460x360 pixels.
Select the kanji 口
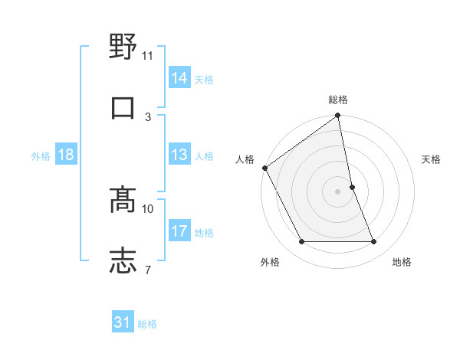click(x=123, y=107)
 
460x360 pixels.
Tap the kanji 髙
click(x=123, y=198)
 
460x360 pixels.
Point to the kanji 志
click(x=123, y=260)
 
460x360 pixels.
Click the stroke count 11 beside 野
click(x=148, y=56)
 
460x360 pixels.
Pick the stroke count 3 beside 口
click(x=148, y=117)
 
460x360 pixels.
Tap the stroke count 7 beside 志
click(x=148, y=270)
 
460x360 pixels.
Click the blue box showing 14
click(x=179, y=78)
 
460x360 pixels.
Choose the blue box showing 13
click(x=179, y=155)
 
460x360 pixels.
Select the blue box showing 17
click(x=179, y=231)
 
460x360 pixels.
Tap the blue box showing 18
click(x=66, y=155)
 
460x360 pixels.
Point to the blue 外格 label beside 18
click(x=41, y=155)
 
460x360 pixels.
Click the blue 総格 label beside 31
click(x=147, y=324)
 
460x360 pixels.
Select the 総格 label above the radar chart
click(x=338, y=100)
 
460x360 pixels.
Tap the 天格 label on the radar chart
click(x=431, y=159)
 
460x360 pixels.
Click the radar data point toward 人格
click(x=265, y=168)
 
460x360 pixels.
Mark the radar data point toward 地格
click(x=373, y=242)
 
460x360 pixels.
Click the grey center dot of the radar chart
click(x=338, y=191)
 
